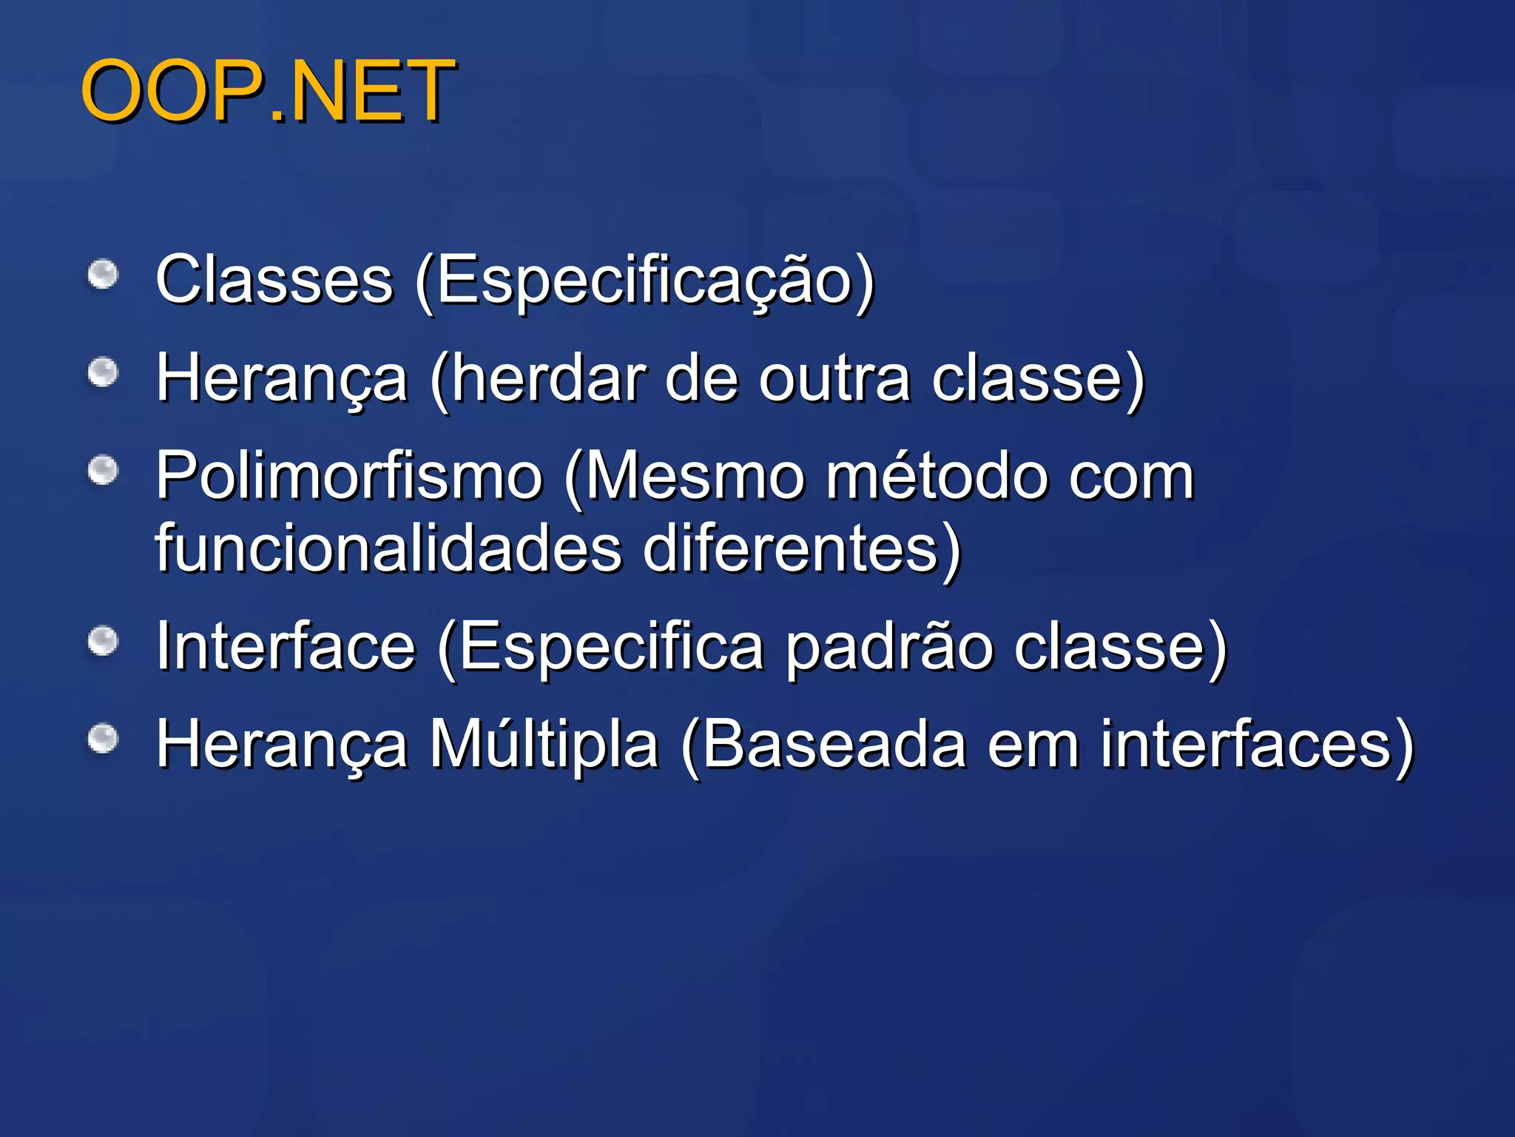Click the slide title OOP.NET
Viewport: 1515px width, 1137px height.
pyautogui.click(x=268, y=91)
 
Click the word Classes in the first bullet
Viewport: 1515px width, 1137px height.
pyautogui.click(x=274, y=279)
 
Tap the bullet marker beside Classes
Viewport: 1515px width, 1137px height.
pyautogui.click(x=104, y=275)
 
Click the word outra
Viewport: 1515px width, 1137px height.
pyautogui.click(x=835, y=378)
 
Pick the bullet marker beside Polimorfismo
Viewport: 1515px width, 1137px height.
pyautogui.click(x=104, y=471)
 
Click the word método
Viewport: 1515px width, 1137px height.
pyautogui.click(x=937, y=476)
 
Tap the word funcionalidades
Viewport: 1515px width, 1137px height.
pyautogui.click(x=389, y=549)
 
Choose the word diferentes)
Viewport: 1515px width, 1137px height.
pyautogui.click(x=802, y=549)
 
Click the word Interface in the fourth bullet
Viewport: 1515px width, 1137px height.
pyautogui.click(x=286, y=646)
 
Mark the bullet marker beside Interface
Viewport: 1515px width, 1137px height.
pyautogui.click(x=104, y=641)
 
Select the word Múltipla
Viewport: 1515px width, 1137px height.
pyautogui.click(x=544, y=744)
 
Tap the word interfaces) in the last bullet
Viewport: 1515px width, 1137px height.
pyautogui.click(x=1258, y=744)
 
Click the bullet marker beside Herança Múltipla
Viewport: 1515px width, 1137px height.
pyautogui.click(x=104, y=739)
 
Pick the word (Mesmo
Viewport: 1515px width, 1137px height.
pyautogui.click(x=685, y=476)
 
